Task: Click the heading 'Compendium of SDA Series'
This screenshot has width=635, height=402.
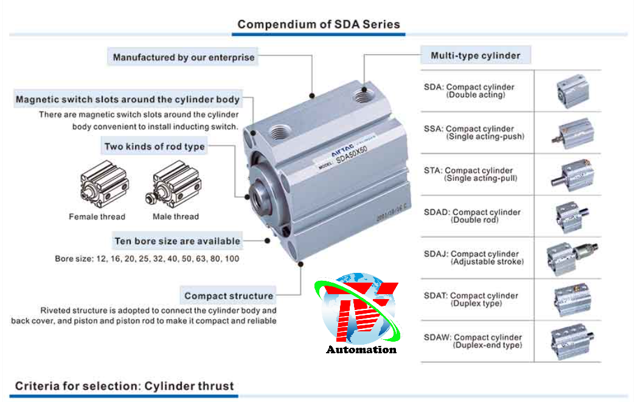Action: [319, 24]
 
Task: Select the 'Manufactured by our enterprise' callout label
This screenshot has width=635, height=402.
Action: [184, 57]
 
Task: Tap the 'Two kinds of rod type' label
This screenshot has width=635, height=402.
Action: [154, 146]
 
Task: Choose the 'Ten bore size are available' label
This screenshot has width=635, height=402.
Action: [177, 241]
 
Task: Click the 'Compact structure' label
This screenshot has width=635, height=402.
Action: [229, 296]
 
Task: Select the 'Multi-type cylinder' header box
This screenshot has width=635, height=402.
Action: [476, 55]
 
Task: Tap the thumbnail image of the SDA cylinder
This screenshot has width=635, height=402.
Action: [572, 91]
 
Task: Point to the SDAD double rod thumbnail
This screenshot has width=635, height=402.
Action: [572, 216]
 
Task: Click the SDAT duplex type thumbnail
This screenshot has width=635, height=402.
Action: [572, 299]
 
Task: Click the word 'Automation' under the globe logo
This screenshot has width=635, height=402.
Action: [361, 350]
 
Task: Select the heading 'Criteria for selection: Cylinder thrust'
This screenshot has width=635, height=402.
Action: [124, 386]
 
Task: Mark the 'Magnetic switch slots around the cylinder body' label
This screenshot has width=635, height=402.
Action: [128, 99]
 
